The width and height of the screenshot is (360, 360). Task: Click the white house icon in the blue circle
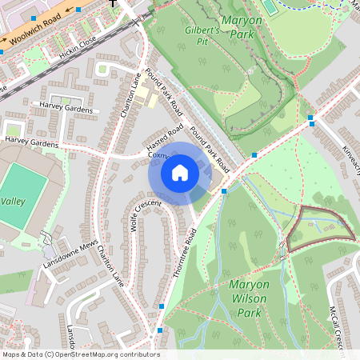coord(180,173)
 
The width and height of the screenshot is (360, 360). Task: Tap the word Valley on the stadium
coord(13,200)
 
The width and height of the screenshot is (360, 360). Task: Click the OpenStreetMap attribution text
coord(80,354)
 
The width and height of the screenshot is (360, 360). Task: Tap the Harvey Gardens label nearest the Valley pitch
coord(32,142)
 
